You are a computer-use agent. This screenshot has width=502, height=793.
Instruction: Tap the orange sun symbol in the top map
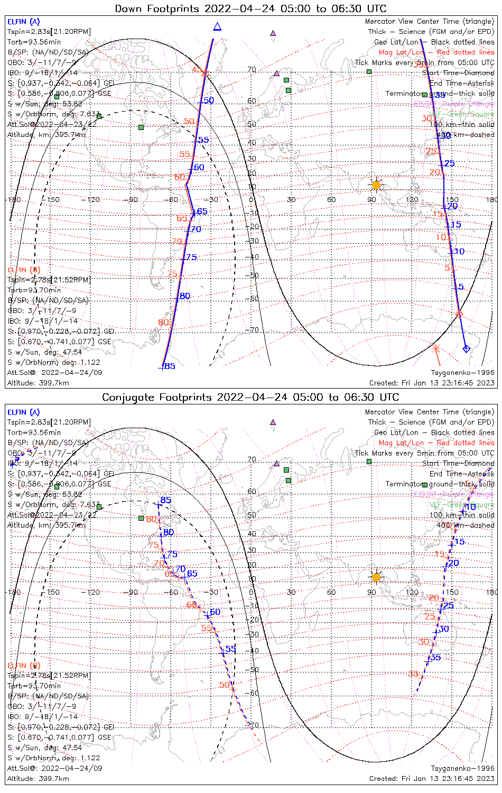click(376, 185)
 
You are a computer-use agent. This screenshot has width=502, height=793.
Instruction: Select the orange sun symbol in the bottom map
click(376, 577)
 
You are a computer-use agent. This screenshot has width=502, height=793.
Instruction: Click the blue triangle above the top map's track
click(217, 26)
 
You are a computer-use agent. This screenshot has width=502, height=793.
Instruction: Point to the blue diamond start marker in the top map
click(466, 348)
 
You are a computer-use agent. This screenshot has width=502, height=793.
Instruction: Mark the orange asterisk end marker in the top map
click(435, 348)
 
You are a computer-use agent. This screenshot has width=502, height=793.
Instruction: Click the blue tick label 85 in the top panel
click(170, 366)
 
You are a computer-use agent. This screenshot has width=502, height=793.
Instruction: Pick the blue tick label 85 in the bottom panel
click(166, 500)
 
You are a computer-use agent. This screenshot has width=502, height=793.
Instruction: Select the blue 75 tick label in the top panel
click(191, 257)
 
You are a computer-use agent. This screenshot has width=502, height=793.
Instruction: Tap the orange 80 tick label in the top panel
click(163, 322)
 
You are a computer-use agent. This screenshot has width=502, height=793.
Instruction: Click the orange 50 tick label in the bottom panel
click(225, 685)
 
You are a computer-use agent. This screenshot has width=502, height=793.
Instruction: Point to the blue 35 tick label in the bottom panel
click(435, 658)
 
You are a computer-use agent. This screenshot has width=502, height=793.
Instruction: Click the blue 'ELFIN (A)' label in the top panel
click(23, 22)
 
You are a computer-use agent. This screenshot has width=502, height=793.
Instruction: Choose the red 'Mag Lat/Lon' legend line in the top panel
click(436, 52)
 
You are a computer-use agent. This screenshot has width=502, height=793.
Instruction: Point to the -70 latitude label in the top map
click(254, 330)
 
